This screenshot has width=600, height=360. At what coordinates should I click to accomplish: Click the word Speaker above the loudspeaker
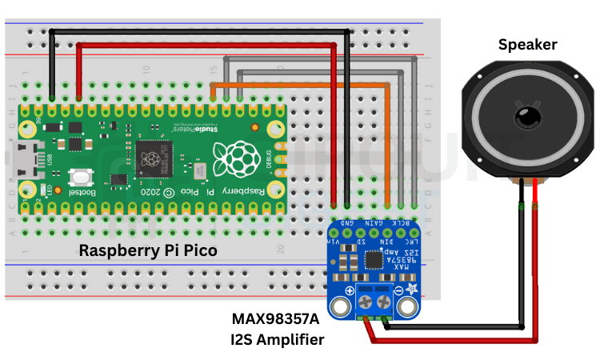click(528, 45)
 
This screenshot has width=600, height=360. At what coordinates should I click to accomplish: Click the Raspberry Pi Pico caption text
click(148, 250)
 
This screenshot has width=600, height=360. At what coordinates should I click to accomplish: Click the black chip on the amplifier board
click(374, 260)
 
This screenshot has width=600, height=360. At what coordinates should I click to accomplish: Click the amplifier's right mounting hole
click(408, 307)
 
